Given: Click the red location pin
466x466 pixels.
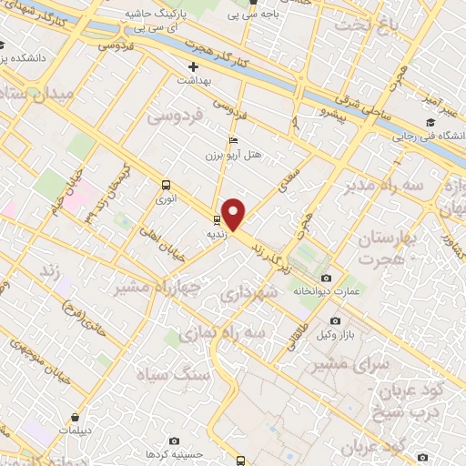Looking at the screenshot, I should click(x=234, y=214).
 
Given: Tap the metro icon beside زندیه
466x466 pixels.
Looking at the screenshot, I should click(x=217, y=219).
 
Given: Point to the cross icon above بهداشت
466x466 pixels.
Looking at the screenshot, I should click(x=193, y=67).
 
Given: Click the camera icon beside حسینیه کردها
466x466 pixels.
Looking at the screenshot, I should click(x=181, y=452).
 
